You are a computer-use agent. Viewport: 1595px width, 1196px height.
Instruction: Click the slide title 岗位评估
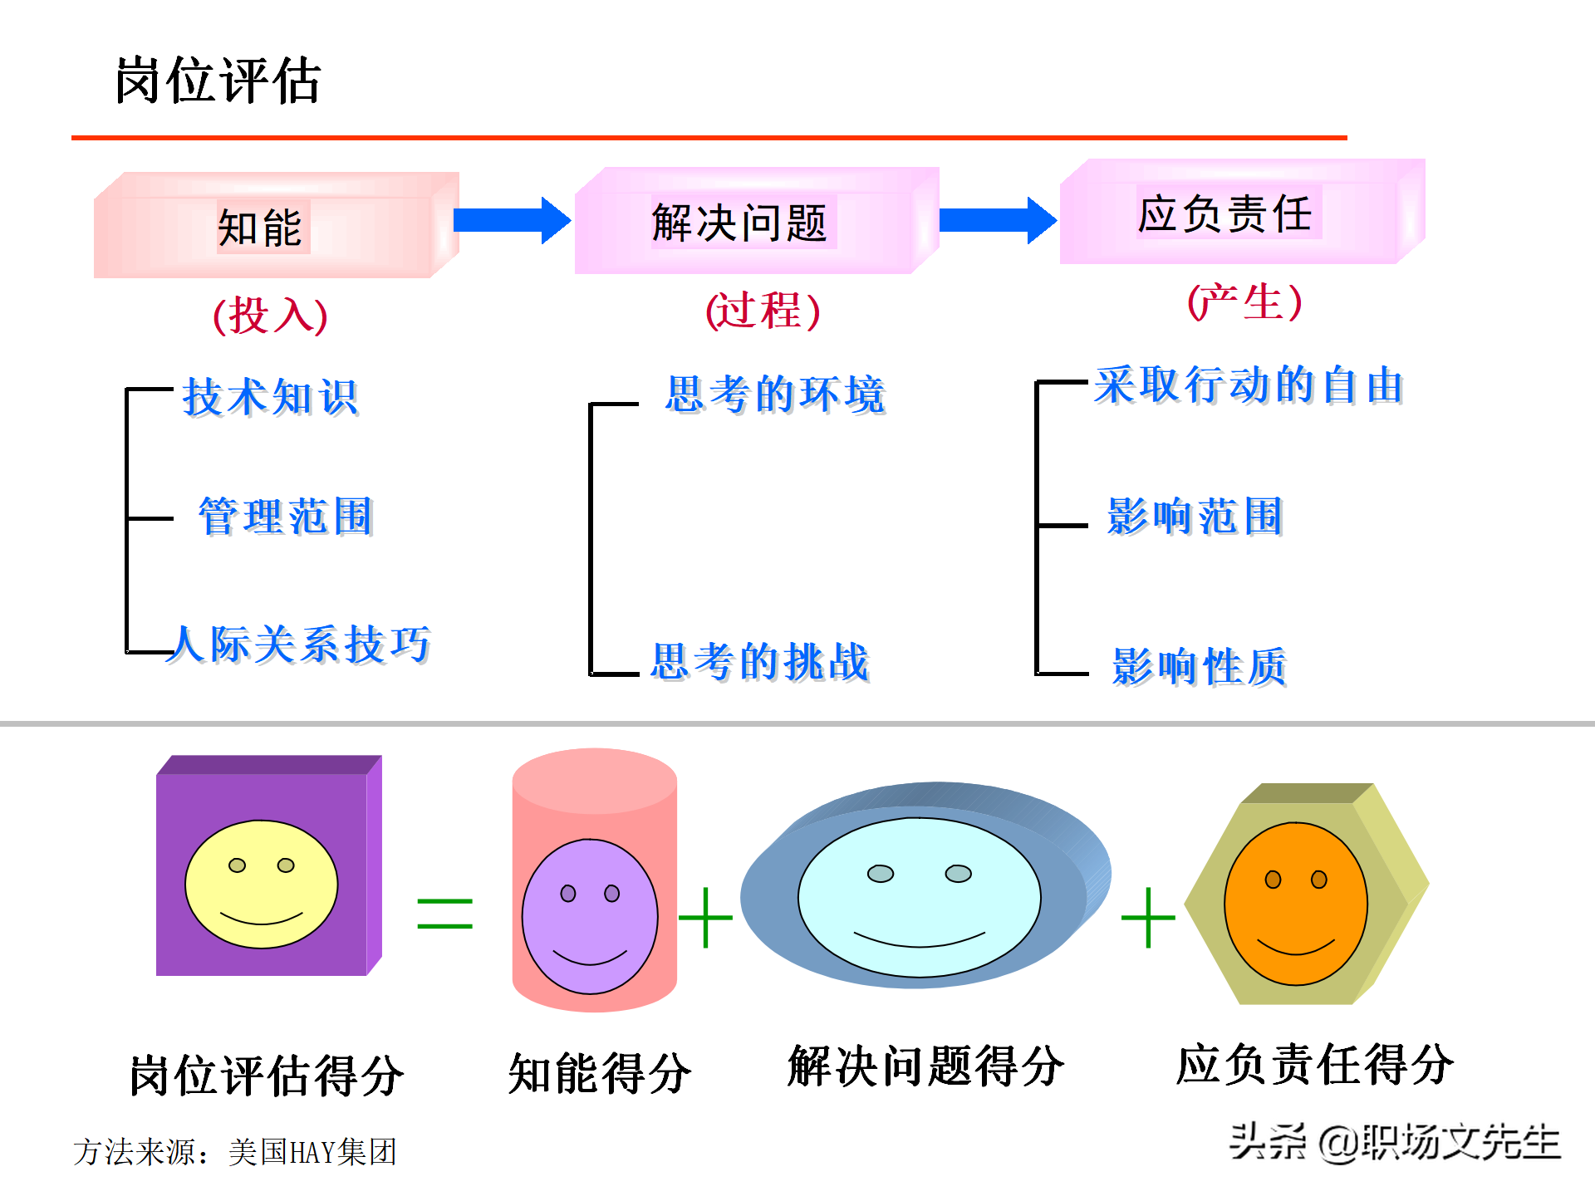point(218,81)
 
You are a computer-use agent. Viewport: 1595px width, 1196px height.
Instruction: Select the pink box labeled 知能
point(277,225)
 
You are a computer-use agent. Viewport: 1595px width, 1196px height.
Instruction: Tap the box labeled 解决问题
point(757,221)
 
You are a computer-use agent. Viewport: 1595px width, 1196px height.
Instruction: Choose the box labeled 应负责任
point(1243,212)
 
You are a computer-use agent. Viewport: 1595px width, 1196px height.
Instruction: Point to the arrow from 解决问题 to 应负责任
point(998,220)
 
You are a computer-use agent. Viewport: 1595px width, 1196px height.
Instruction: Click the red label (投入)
point(271,315)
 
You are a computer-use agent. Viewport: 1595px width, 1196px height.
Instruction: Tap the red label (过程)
point(763,311)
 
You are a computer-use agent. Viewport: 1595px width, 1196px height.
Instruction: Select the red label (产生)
point(1244,301)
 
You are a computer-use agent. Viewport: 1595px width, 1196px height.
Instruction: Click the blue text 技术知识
point(271,397)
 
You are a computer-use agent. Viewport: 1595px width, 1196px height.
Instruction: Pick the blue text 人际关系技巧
point(299,645)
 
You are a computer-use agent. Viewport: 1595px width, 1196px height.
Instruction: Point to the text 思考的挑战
point(760,662)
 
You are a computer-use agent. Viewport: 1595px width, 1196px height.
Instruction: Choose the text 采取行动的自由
point(1249,385)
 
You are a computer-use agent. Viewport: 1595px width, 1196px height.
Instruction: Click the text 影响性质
point(1200,666)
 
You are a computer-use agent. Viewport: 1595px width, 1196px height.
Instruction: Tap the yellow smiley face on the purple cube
point(262,884)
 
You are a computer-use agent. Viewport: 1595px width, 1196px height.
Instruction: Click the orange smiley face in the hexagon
point(1296,904)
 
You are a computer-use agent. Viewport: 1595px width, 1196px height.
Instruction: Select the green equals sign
point(445,914)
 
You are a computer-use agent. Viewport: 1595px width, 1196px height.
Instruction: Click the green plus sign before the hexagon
point(1148,917)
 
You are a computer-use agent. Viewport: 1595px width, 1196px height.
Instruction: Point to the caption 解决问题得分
point(926,1066)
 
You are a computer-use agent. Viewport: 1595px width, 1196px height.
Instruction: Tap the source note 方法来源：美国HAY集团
point(235,1152)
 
